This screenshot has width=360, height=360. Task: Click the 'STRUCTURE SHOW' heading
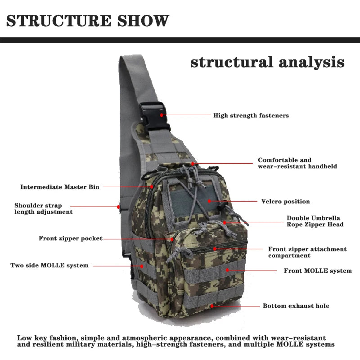coord(88,21)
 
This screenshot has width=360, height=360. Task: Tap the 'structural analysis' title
coord(267,62)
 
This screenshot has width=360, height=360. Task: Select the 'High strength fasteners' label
coord(251,116)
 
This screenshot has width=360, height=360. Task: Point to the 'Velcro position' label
coord(285,202)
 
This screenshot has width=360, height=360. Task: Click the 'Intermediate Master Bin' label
coord(60,187)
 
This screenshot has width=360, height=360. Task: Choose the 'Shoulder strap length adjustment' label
coord(43,208)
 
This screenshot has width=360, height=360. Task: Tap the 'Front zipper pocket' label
coord(70,238)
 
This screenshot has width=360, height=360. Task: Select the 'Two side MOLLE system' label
coord(49,265)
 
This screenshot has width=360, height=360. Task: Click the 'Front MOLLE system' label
coord(317,271)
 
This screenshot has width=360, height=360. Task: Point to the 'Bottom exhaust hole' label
coord(296,306)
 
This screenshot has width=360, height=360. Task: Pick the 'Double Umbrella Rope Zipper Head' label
coord(315,221)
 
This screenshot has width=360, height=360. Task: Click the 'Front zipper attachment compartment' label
coord(307,252)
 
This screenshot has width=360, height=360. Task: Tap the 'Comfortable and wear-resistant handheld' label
coord(297,163)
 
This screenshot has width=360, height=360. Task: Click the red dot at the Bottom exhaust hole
coord(212,306)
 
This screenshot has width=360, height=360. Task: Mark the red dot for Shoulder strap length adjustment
coord(119,207)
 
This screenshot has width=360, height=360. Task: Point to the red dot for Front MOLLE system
coord(228,270)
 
